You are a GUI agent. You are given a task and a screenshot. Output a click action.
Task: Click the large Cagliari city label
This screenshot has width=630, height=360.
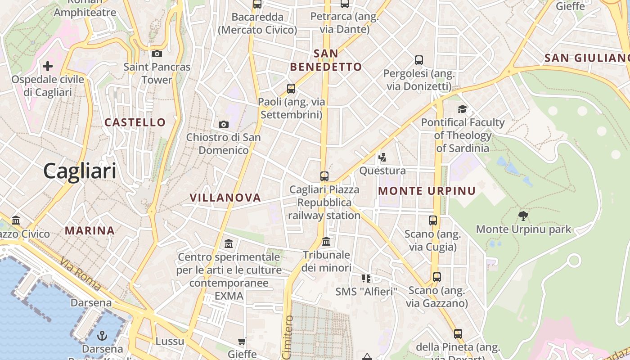80,171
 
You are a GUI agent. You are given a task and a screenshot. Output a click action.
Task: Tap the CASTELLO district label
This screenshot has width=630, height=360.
135,122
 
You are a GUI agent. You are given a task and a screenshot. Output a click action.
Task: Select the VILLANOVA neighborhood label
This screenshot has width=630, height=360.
225,198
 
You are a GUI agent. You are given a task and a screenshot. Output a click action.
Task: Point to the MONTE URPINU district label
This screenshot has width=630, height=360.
427,191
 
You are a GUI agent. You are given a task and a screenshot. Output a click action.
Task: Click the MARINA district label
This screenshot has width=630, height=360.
90,231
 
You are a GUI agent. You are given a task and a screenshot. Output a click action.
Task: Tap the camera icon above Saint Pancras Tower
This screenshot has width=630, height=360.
157,54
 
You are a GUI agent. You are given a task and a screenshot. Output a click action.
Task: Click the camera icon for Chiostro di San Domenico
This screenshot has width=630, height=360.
223,124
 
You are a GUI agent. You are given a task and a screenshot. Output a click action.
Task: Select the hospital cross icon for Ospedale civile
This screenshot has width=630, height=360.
47,67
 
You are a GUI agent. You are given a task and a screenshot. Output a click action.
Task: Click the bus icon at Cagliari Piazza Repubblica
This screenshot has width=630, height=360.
324,176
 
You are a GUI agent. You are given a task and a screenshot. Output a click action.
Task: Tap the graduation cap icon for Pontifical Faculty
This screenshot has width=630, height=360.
462,109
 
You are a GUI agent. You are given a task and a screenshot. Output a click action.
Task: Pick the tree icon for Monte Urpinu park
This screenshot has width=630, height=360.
523,216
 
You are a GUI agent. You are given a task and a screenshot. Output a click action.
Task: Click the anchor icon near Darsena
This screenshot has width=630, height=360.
102,336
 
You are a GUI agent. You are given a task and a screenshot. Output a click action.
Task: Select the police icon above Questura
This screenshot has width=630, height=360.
382,157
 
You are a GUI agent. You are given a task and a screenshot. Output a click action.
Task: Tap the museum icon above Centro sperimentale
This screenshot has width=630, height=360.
229,244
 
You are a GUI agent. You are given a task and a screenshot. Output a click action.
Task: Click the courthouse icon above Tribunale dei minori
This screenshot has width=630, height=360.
326,242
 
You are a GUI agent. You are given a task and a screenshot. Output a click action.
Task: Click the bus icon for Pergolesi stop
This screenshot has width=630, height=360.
418,60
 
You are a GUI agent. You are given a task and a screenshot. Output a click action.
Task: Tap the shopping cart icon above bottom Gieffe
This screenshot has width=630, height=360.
242,342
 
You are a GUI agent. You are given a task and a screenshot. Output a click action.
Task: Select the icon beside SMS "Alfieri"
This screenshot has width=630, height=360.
366,279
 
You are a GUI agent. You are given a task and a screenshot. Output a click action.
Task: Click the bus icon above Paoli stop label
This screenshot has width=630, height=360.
291,88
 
